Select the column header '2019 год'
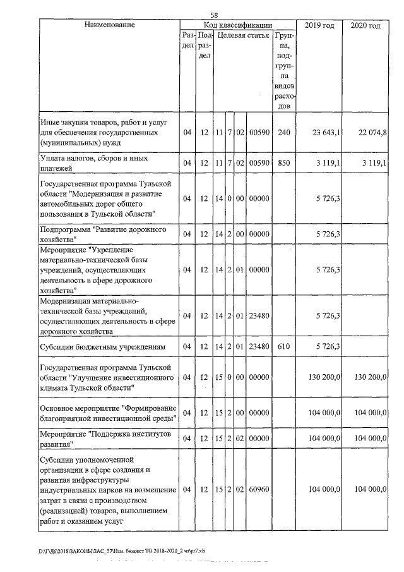click(319, 25)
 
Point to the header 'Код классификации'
click(237, 25)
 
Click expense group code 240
click(283, 133)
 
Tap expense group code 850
click(283, 163)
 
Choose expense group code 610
click(283, 346)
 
